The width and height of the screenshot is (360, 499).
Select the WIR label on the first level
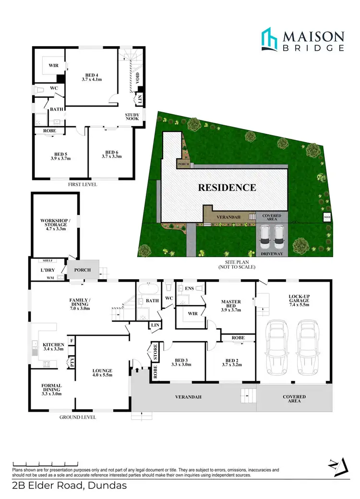click(x=53, y=67)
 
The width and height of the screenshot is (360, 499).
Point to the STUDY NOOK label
click(x=132, y=118)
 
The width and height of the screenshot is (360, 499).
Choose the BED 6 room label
click(x=111, y=153)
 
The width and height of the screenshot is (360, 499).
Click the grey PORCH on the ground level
click(x=83, y=270)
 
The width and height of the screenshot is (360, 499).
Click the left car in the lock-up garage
click(x=277, y=349)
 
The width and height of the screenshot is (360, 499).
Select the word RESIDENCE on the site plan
click(x=227, y=187)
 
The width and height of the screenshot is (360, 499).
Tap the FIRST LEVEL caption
click(x=83, y=184)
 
